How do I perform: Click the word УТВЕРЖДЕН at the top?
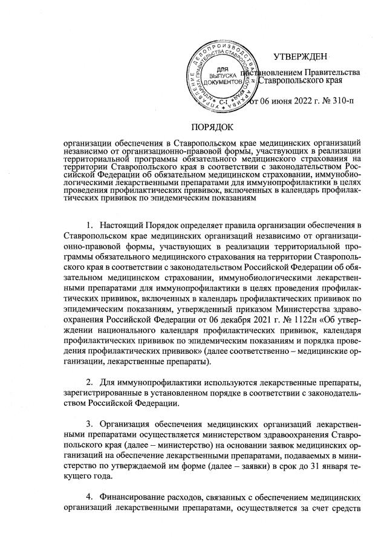tap(300, 57)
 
